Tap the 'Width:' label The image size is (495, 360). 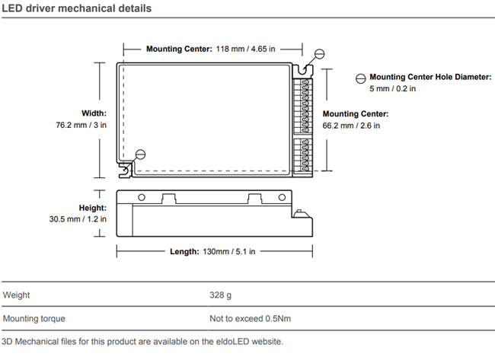click(x=94, y=113)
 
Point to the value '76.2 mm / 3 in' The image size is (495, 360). click(x=81, y=125)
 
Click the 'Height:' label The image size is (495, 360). click(x=92, y=208)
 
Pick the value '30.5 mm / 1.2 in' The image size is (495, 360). click(x=76, y=219)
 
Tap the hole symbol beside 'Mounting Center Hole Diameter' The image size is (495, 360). click(x=360, y=78)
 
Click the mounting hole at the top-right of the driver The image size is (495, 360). click(x=320, y=54)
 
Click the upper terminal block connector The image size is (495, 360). click(x=301, y=104)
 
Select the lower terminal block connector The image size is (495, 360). click(x=301, y=152)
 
